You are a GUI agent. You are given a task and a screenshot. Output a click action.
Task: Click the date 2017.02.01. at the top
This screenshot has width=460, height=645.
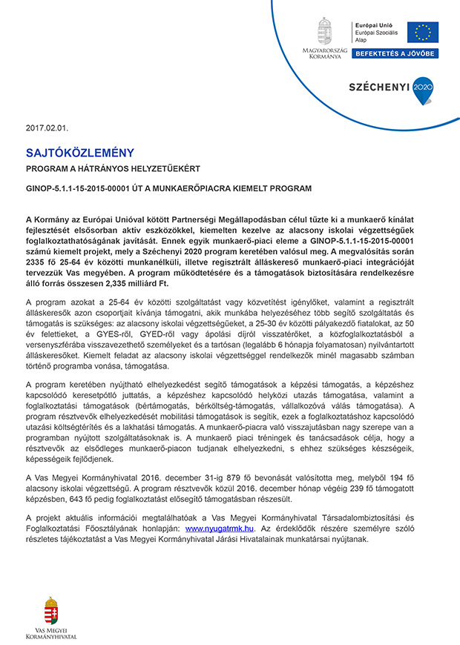click(42, 128)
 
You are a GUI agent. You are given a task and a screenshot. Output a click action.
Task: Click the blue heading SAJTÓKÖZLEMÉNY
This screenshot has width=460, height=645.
click(80, 153)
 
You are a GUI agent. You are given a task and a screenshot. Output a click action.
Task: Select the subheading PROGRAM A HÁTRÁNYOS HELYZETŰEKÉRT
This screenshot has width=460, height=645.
click(113, 170)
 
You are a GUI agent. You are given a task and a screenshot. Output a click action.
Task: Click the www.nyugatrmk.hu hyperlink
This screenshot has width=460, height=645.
click(219, 529)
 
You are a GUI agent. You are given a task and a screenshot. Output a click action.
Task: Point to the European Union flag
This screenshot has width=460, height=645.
click(423, 33)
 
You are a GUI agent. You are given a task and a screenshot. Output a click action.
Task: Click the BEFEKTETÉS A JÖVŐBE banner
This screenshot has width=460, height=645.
click(395, 53)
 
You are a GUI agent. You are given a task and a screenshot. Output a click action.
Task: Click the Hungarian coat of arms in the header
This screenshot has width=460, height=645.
click(324, 31)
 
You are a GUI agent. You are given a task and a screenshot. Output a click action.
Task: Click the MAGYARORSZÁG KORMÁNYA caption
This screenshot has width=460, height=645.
click(325, 53)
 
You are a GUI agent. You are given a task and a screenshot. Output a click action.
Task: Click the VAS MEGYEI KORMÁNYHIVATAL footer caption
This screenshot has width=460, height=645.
click(51, 634)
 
